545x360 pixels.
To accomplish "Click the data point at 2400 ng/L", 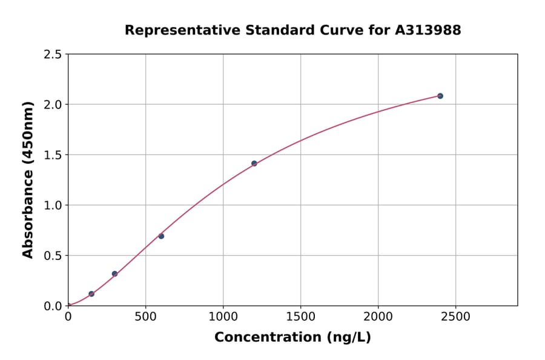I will pos(440,96).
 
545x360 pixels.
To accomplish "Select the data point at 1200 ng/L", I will pos(254,164).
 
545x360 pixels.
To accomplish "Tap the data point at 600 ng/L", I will pos(161,236).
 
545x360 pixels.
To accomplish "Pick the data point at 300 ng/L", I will pos(114,274).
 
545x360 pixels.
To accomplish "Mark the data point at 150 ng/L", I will pos(91,294).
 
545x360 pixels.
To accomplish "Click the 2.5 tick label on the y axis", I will pos(53,55).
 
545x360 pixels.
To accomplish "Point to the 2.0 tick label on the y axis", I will pos(53,105).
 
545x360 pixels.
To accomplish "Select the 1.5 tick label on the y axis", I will pos(53,155).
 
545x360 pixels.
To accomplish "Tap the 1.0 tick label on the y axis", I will pos(53,205).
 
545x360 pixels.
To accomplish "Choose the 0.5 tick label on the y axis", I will pos(53,256).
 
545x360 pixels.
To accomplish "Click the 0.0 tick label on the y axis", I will pos(53,306).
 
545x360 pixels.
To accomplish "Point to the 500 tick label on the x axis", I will pos(145,317).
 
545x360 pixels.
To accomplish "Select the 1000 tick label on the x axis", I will pos(223,317).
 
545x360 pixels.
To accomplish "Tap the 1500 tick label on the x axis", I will pos(300,317).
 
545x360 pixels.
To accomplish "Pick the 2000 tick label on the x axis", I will pos(378,317).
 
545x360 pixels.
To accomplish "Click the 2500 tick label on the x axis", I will pos(455,317).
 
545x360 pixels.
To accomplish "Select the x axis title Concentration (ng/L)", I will pos(292,337).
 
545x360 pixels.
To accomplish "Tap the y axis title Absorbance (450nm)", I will pos(28,180).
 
